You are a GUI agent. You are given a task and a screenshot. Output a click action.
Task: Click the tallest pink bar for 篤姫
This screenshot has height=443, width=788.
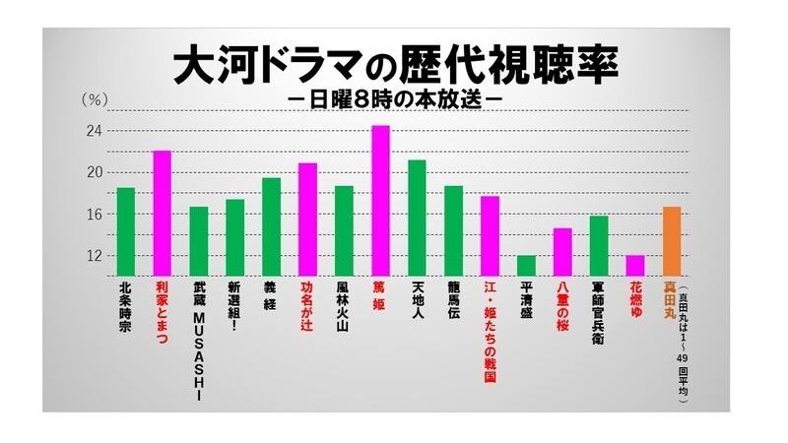(380, 201)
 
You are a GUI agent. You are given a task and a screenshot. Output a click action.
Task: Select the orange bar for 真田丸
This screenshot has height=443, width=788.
(671, 241)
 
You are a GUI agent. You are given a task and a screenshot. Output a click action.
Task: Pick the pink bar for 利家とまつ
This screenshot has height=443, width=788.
(163, 213)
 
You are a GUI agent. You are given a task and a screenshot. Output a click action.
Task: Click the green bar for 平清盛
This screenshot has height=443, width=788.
(526, 266)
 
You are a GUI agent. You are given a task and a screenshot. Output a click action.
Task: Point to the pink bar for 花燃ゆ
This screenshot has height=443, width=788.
(634, 266)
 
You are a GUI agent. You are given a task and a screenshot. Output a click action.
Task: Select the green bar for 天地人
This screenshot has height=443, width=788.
(417, 218)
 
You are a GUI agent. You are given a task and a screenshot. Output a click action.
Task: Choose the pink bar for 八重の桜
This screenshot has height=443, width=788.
(562, 252)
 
